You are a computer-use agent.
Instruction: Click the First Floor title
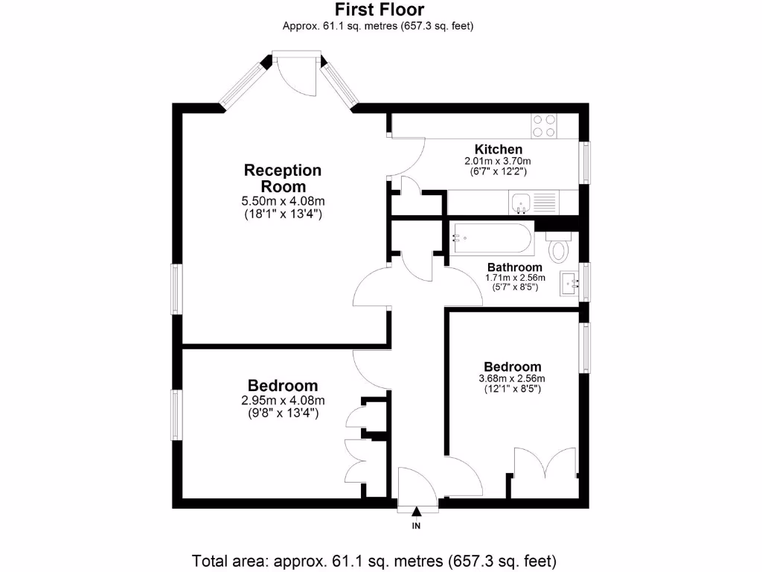(x=380, y=10)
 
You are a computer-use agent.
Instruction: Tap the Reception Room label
(x=283, y=178)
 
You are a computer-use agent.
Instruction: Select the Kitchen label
(x=498, y=150)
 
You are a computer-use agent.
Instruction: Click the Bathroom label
(x=514, y=267)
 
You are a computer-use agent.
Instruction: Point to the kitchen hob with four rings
(x=544, y=125)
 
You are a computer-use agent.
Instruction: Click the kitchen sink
(x=522, y=201)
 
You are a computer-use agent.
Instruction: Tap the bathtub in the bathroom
(x=491, y=239)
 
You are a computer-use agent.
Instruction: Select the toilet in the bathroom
(x=557, y=246)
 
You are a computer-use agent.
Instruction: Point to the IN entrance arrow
(x=416, y=512)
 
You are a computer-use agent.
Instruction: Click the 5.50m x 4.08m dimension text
(x=284, y=201)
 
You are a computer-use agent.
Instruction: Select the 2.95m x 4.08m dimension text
(x=283, y=400)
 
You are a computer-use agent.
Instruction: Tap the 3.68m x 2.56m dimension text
(x=512, y=378)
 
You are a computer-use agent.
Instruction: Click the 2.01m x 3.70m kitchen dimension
(x=498, y=161)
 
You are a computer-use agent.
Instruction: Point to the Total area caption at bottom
(x=374, y=560)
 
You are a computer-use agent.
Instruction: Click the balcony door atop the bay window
(x=296, y=71)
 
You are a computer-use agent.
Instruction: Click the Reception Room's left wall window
(x=177, y=288)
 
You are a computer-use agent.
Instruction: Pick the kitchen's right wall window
(x=586, y=162)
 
